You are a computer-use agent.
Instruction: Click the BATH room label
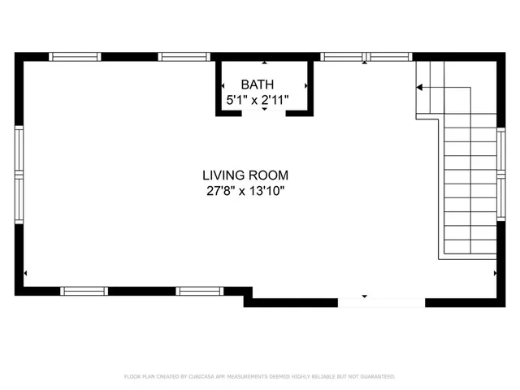pos(257,84)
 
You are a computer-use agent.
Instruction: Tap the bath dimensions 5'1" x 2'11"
pos(257,100)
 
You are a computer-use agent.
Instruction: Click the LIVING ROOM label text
pos(245,175)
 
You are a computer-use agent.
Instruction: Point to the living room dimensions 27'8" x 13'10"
pos(245,192)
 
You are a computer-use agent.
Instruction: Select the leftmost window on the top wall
pos(75,57)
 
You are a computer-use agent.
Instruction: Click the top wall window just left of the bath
pos(184,57)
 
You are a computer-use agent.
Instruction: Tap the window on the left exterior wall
pos(19,176)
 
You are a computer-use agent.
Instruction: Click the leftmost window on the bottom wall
pos(84,290)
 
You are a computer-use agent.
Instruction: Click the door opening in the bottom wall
pos(381,302)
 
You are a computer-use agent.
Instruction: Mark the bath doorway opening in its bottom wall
pos(264,113)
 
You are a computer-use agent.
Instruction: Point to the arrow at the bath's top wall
pos(264,63)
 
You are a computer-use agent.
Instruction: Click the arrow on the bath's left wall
pos(223,84)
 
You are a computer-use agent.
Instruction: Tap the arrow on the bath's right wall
pos(305,84)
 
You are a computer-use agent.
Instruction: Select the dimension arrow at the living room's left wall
pos(27,273)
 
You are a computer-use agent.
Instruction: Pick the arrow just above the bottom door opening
pos(365,296)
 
